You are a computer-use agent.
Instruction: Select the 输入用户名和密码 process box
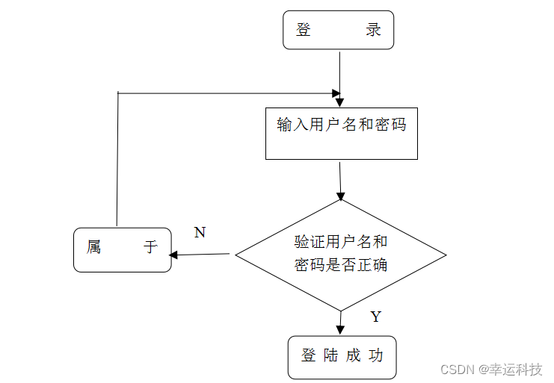341,133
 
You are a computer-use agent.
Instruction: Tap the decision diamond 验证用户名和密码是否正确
341,255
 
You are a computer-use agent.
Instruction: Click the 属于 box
122,249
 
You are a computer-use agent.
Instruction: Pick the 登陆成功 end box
342,357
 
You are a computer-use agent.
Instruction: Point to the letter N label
200,232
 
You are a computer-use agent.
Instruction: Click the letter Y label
375,317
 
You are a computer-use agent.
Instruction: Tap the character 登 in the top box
304,31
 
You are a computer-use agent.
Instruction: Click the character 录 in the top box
374,31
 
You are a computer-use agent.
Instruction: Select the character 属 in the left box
93,247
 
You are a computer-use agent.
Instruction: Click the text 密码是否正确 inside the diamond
341,265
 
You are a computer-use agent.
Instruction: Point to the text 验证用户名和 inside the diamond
341,242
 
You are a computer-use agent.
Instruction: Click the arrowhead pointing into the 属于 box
173,255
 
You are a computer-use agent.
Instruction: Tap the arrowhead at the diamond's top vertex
341,196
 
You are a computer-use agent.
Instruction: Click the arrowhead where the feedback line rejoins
337,93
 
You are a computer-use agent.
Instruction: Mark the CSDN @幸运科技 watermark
491,370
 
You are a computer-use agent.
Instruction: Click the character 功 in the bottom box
375,356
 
